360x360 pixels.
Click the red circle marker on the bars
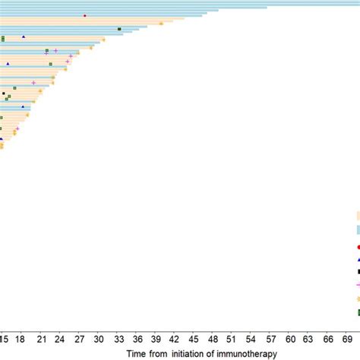click(x=84, y=15)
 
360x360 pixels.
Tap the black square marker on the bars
click(x=4, y=93)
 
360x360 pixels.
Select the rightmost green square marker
click(x=119, y=29)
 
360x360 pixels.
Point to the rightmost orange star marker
click(x=161, y=24)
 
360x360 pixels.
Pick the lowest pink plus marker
click(x=17, y=128)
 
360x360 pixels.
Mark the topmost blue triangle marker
click(x=24, y=36)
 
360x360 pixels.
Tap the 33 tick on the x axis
click(x=119, y=339)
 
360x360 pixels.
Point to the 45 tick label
click(x=194, y=339)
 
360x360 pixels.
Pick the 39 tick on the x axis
click(x=156, y=339)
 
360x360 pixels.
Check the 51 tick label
click(x=232, y=339)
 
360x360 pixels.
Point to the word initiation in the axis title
click(x=187, y=353)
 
